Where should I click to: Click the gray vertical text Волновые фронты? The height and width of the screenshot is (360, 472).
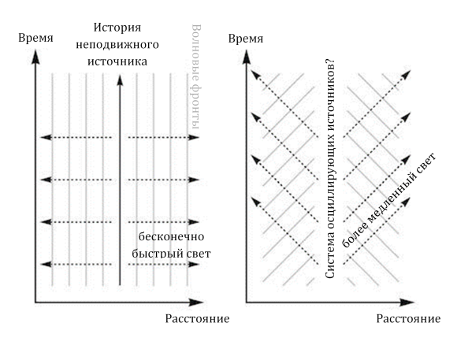197,79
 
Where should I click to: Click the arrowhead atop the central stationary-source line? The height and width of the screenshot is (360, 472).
119,76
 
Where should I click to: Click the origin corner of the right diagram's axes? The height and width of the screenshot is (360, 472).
247,301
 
